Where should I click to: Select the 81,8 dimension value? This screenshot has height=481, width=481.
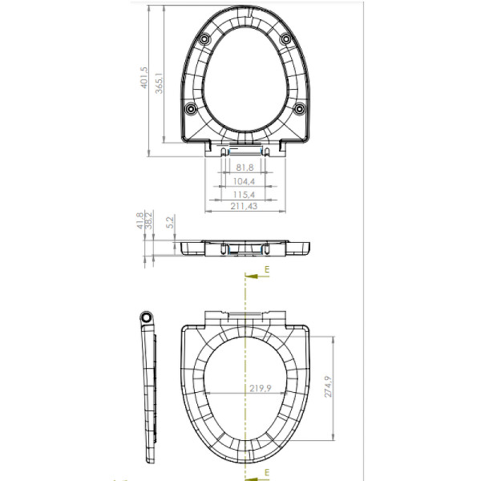point(245,167)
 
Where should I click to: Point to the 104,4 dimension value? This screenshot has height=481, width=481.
point(245,181)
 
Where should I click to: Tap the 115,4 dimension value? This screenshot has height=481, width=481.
point(245,195)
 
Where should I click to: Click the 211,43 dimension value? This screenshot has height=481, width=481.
point(245,208)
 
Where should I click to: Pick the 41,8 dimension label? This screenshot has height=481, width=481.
point(139,220)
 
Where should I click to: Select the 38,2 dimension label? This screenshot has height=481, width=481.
point(149,220)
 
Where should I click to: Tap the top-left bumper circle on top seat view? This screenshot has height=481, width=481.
point(205,39)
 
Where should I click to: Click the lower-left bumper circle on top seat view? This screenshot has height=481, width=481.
point(190,109)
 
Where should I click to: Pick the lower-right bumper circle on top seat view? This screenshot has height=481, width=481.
point(299,109)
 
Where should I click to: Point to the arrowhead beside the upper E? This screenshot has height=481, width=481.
point(250,275)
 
